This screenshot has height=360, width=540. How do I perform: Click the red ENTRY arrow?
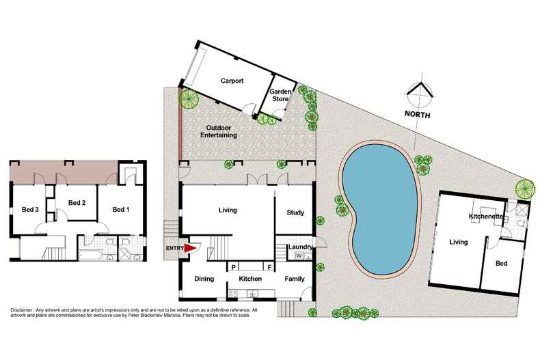coord(189,248)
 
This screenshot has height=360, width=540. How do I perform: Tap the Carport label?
coord(232,81)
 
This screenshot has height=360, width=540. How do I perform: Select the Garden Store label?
coord(280,95)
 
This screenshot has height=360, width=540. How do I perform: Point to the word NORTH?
coord(417,114)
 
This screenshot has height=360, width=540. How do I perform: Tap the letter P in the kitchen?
coord(233,267)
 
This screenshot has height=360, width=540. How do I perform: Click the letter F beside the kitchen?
coord(269,267)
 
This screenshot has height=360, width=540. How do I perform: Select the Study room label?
coord(295,212)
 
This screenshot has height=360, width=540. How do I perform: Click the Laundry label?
coord(300,247)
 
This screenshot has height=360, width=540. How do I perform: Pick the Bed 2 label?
coord(77,203)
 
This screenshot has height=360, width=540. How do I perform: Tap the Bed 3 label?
coord(30,209)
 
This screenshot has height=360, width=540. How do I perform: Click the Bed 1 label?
coord(121,209)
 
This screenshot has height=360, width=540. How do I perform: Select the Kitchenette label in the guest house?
coord(486,216)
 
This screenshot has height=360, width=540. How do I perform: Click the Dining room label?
coord(204,279)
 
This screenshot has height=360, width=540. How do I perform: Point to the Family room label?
coord(295,279)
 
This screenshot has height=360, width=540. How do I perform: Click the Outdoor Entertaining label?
coord(219,131)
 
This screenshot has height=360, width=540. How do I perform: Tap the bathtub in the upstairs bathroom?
coord(90,255)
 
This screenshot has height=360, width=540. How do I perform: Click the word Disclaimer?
coord(22,309)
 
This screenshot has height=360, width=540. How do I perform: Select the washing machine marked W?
coord(299,255)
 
